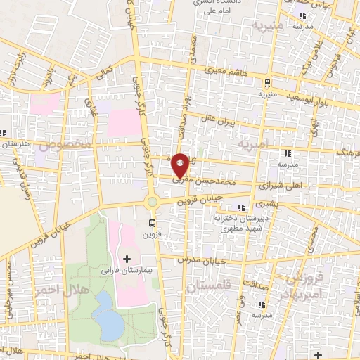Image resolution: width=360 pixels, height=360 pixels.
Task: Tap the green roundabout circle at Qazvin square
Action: click(152, 203)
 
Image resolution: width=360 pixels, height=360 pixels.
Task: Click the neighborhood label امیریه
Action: click(255, 144)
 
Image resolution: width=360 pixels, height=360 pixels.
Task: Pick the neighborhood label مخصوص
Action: click(65, 145)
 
